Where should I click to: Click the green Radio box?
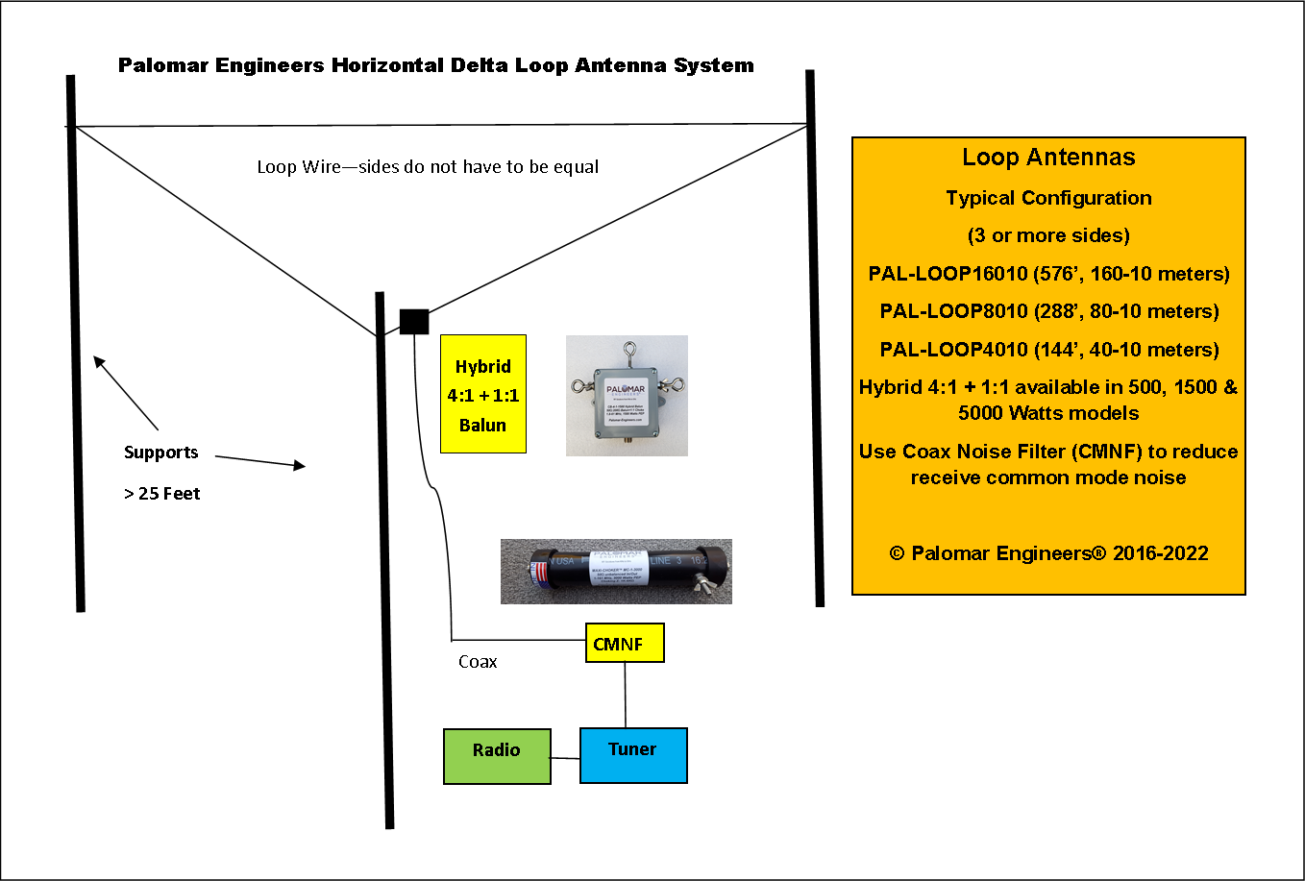coord(497,756)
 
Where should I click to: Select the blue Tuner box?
coord(633,755)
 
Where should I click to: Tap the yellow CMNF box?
coord(625,644)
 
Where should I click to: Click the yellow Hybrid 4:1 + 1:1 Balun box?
coord(482,394)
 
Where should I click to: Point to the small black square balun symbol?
coord(414,321)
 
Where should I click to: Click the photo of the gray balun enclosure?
coord(627,395)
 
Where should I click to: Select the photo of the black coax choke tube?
coord(616,572)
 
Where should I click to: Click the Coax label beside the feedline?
coord(478,662)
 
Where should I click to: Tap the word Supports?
coord(160,453)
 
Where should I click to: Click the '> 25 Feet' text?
coord(162,494)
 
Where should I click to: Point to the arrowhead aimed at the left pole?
coord(99,362)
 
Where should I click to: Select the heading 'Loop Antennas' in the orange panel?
coord(1048,158)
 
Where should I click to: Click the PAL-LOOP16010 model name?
coord(948,274)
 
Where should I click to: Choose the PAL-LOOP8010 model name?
coord(953,311)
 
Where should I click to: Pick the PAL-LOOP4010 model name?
coord(953,350)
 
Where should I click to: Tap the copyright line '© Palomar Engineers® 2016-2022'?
coord(1048,553)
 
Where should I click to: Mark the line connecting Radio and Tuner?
coord(565,758)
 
